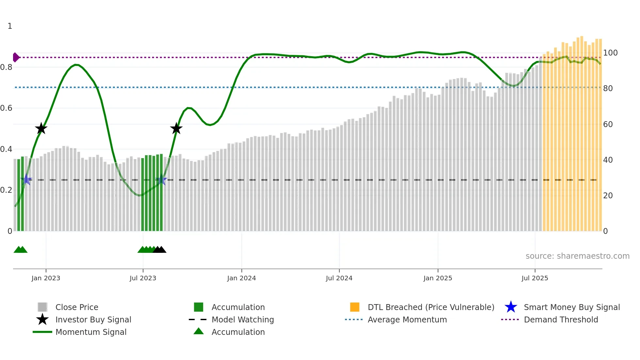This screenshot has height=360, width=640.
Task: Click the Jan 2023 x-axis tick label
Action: point(46,278)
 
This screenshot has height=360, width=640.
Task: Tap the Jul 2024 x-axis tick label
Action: point(339,278)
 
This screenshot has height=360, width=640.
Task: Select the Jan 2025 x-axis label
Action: point(438,278)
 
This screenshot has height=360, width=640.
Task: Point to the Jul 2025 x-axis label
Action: point(535,278)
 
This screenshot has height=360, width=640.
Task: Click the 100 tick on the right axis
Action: point(610,53)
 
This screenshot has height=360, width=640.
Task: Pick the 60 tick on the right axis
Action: point(608,124)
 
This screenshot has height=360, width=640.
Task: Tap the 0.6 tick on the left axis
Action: point(6,108)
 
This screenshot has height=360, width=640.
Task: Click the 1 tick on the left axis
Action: point(10,26)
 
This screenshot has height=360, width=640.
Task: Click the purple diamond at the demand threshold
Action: point(16,57)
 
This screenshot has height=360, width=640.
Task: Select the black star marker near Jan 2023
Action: point(41,128)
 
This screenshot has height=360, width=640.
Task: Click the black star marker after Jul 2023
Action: point(176,128)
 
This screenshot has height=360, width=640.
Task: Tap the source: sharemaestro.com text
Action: point(577,256)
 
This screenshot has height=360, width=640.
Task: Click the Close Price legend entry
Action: point(77,307)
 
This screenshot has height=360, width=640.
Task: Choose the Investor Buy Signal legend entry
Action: point(93,319)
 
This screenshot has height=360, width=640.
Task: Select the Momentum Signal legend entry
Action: point(91,332)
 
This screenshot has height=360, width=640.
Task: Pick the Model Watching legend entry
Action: point(243,319)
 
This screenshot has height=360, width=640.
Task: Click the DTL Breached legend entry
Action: point(431,307)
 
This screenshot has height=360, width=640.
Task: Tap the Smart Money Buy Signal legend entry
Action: point(571,307)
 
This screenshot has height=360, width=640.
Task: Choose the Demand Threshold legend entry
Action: point(561,319)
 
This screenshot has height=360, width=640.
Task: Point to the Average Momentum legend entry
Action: point(407,319)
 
